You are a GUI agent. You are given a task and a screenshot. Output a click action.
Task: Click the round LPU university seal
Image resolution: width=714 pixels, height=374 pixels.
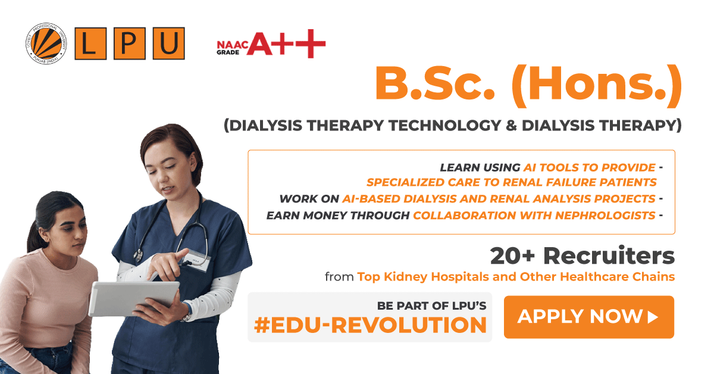[x=46, y=43]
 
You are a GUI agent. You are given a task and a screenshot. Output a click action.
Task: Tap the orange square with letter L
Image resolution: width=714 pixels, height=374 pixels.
[x=90, y=43]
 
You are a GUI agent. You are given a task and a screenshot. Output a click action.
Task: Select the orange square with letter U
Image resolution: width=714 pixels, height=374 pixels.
[x=168, y=43]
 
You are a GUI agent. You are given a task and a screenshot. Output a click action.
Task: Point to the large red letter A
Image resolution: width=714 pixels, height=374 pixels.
[x=260, y=43]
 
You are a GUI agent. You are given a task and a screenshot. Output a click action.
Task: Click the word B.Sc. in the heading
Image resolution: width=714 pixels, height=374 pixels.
[x=435, y=84]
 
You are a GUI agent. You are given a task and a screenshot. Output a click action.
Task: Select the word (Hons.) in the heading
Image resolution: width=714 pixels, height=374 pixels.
[x=597, y=86]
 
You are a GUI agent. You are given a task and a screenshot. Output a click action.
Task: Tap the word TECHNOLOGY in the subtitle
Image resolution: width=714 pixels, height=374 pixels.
[x=445, y=126]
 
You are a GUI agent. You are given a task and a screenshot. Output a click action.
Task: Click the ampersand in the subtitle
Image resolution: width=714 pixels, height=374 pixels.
[x=511, y=126]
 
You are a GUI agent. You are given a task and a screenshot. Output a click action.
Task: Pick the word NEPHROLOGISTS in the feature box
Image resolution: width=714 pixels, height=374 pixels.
[x=605, y=216]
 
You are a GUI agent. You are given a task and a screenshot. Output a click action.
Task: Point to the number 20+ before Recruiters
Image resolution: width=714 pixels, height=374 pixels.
[x=512, y=256]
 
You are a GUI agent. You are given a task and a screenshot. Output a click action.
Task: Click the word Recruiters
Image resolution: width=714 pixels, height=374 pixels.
[x=609, y=255]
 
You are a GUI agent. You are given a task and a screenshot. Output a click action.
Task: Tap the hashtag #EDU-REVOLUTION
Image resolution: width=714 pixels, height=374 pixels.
[x=370, y=325]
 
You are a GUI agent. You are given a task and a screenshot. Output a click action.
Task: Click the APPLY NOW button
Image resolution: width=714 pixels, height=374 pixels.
[x=588, y=317]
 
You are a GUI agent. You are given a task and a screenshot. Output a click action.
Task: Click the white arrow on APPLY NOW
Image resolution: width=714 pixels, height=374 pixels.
[x=653, y=317]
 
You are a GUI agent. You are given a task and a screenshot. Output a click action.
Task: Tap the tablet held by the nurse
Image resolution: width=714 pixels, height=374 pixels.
[x=134, y=299]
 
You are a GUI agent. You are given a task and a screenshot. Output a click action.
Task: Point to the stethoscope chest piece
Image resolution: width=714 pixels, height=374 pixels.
[x=138, y=255]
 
